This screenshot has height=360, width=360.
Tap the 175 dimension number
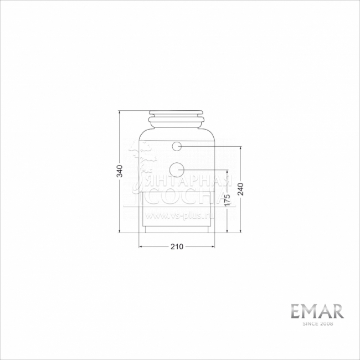click(x=227, y=200)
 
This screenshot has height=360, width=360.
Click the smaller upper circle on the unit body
click(x=177, y=146)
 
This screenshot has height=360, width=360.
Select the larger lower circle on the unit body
click(x=177, y=169)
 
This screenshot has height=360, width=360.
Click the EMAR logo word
click(x=318, y=311)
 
